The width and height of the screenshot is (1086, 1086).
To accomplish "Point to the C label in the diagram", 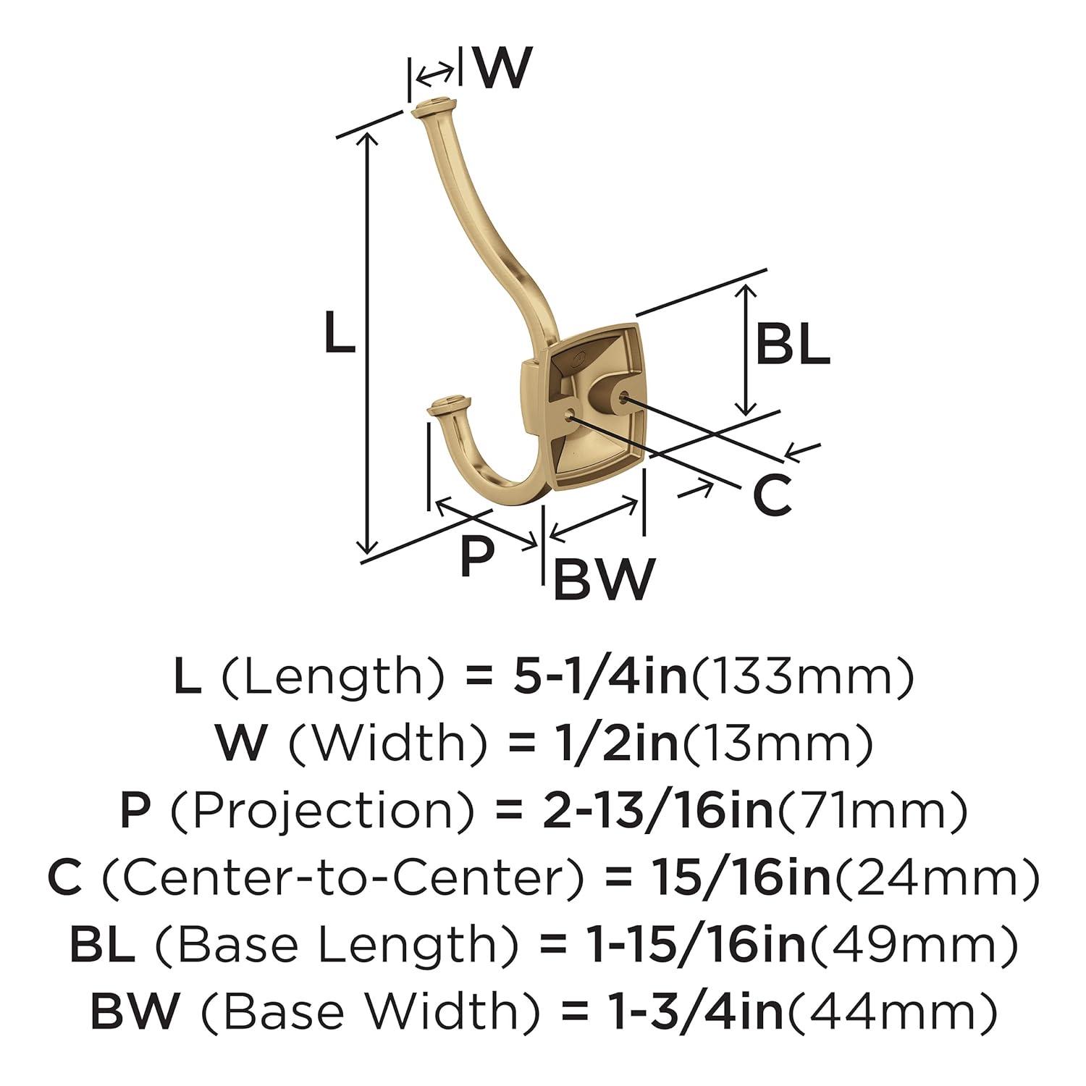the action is [x=773, y=497].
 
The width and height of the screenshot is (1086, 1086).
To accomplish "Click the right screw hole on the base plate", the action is [x=623, y=397].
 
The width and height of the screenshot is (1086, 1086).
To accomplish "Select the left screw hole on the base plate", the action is [x=570, y=414].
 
